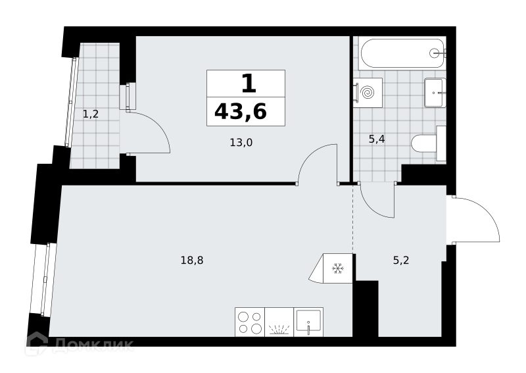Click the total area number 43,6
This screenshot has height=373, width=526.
(241, 112)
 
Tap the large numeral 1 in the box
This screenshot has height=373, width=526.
(249, 84)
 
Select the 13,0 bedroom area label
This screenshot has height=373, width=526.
(241, 143)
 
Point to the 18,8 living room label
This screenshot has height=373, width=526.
(192, 260)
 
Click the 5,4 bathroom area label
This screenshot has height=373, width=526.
(376, 139)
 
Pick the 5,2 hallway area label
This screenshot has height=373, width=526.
(401, 260)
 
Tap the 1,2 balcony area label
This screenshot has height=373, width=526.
(91, 114)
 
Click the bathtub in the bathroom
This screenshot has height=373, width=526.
(402, 53)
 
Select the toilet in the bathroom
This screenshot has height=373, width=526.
(429, 143)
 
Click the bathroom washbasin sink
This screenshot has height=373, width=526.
(435, 93)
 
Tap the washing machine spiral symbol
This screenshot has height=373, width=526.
(368, 92)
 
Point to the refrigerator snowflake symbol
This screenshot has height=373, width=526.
(338, 268)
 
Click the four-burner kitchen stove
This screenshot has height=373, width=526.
(250, 322)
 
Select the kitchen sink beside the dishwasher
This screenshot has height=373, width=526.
(308, 322)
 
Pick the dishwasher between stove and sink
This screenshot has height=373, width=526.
(279, 322)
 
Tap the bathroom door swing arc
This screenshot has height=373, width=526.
(368, 209)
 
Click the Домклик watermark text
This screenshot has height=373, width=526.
(93, 344)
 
